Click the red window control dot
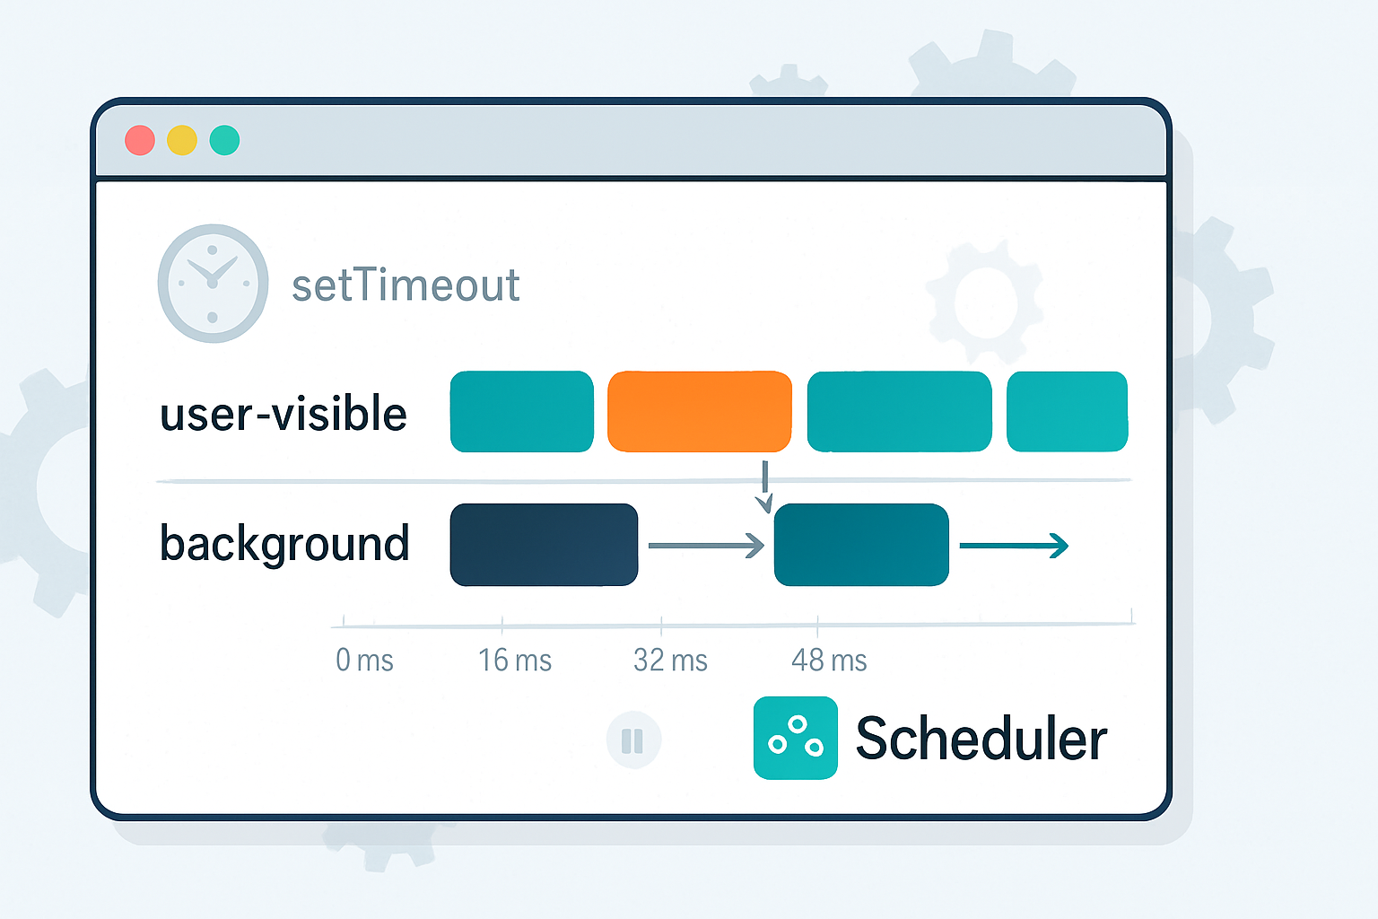(x=140, y=141)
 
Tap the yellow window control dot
(x=182, y=141)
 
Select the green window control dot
(x=224, y=141)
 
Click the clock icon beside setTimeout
(x=213, y=283)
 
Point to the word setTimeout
(x=406, y=285)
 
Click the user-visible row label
(x=283, y=414)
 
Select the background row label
(x=284, y=544)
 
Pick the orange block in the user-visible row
(x=700, y=411)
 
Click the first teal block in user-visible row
(x=521, y=411)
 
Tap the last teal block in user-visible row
(x=1067, y=411)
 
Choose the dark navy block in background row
(x=544, y=545)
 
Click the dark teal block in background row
(x=861, y=545)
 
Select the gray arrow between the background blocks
(x=706, y=545)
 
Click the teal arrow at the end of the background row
(x=1014, y=545)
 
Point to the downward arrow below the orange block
(x=763, y=487)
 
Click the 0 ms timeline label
(x=364, y=661)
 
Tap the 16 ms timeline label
(x=514, y=661)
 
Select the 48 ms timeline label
(x=829, y=661)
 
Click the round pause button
(x=633, y=740)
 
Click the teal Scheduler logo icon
(x=795, y=738)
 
